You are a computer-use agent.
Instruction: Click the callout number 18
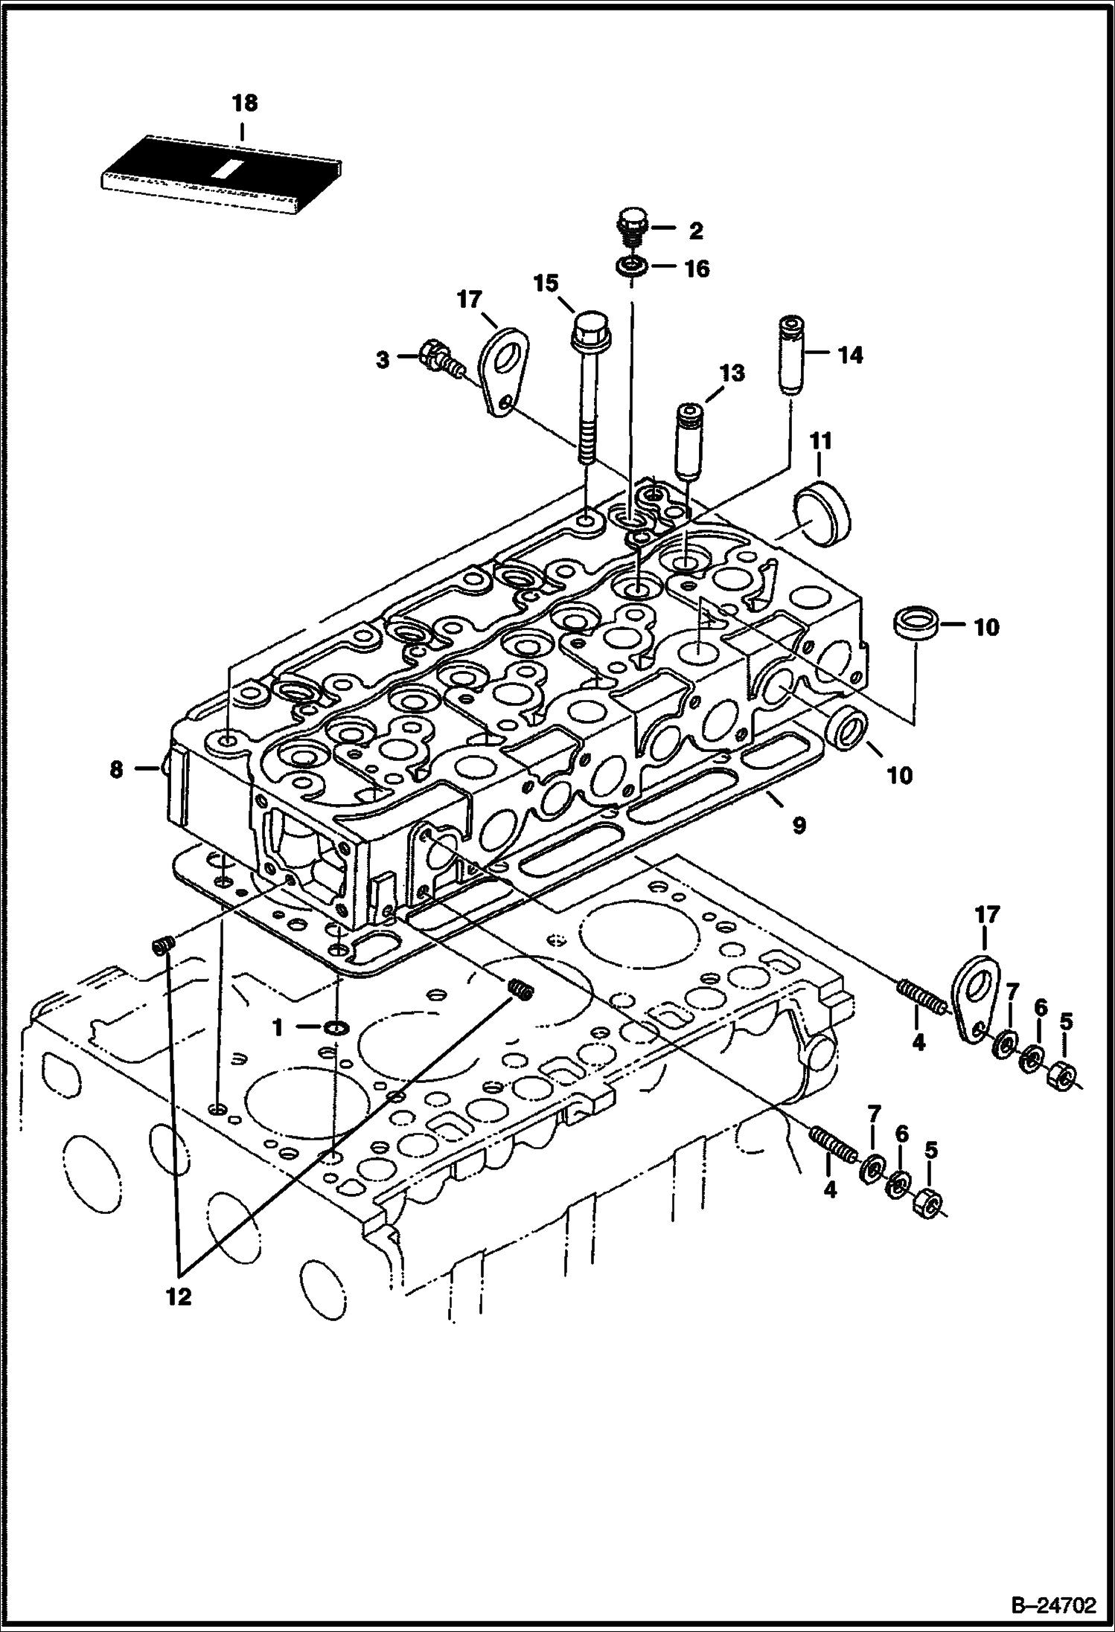[x=244, y=103]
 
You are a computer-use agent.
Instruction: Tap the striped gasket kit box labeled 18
[x=221, y=172]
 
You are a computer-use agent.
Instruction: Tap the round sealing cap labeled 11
[x=822, y=513]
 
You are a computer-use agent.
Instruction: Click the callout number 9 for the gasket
[x=799, y=825]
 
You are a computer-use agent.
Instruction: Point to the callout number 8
[x=116, y=769]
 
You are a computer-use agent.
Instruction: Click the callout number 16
[x=697, y=269]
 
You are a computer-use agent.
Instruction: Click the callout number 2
[x=695, y=231]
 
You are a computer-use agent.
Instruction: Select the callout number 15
[x=546, y=283]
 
